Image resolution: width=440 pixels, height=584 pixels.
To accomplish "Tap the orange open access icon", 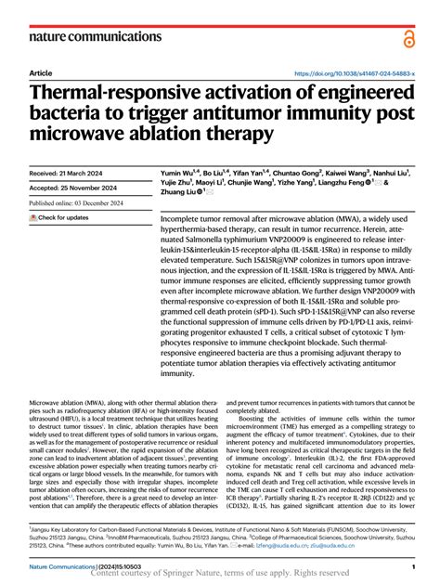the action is pos(408,38).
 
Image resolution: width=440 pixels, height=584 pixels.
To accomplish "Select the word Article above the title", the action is pos(41,72).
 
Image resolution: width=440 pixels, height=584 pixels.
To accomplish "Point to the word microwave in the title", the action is pos(77,135).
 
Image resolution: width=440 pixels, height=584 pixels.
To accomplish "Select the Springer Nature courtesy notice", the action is pos(219,575).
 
